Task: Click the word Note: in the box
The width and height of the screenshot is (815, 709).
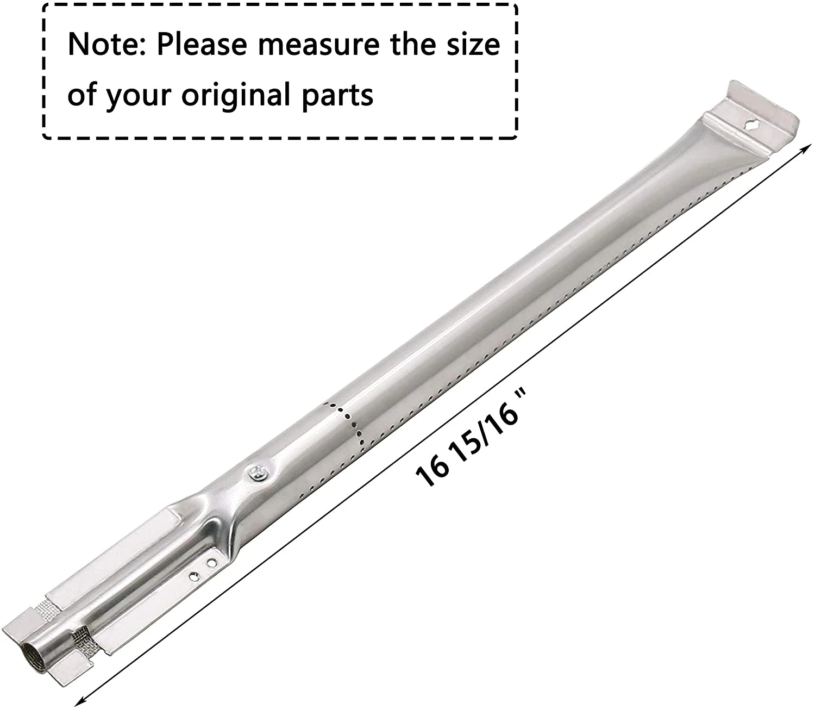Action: pos(106,45)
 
